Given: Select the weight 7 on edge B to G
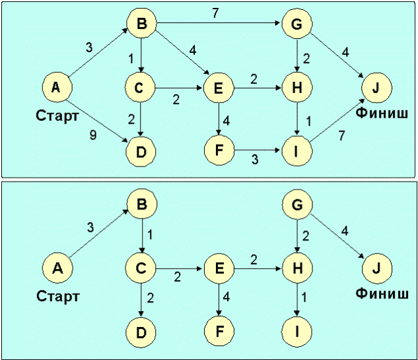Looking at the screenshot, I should tap(215, 13).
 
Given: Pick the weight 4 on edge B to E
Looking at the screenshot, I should tap(192, 50).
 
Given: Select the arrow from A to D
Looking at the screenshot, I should tap(100, 118).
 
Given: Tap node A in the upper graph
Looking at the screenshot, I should tap(57, 87).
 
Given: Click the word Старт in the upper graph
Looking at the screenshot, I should tap(57, 116).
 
